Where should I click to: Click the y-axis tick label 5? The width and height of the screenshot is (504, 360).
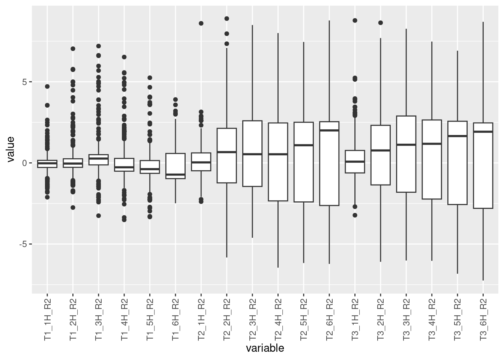point(24,82)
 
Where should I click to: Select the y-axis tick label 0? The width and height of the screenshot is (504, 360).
point(24,163)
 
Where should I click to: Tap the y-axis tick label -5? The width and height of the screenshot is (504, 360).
point(23,244)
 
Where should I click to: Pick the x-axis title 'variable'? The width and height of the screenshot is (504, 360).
point(265,348)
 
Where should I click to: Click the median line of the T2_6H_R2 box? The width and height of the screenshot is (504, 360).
point(329,130)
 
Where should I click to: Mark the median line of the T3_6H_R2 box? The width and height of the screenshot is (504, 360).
point(483,132)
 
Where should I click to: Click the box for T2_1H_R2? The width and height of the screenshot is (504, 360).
point(201,162)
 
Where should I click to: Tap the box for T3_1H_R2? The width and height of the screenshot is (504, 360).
point(355,162)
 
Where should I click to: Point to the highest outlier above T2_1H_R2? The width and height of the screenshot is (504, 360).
point(201,23)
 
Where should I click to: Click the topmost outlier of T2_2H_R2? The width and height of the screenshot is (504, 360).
point(226,18)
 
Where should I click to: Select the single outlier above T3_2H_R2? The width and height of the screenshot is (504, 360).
point(380,23)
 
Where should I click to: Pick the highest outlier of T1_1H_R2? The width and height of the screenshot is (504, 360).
point(47,87)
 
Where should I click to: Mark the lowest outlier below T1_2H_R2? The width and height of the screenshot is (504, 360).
point(73,207)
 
